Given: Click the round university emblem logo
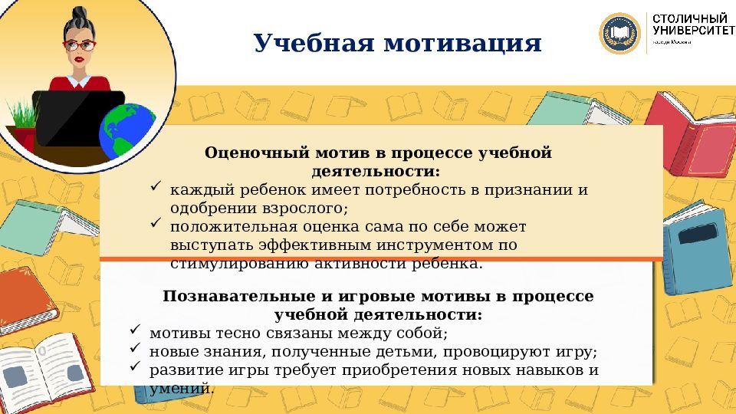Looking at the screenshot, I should coord(619,33).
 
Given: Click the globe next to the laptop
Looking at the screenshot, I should coord(127,130).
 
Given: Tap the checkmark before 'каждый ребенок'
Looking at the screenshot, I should coord(155,187).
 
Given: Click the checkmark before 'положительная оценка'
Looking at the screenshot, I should coord(155,224).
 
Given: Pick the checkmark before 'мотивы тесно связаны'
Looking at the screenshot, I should coord(134,330).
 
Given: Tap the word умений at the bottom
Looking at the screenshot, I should coord(182,389).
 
